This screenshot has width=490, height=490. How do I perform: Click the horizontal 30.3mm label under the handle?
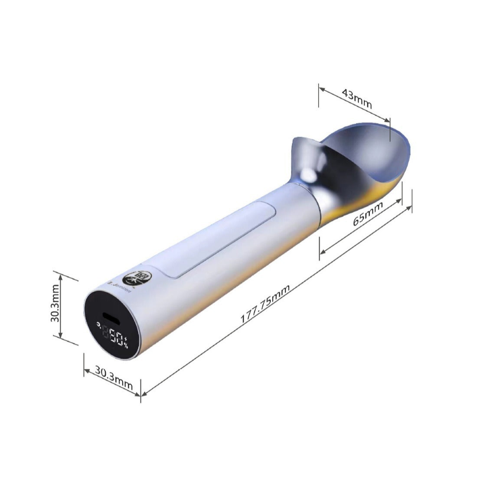click(x=114, y=376)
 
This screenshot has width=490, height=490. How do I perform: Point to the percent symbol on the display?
click(x=126, y=343)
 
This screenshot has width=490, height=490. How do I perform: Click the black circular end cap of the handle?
click(x=112, y=324)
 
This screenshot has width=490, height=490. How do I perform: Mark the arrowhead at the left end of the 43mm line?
click(x=321, y=88)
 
